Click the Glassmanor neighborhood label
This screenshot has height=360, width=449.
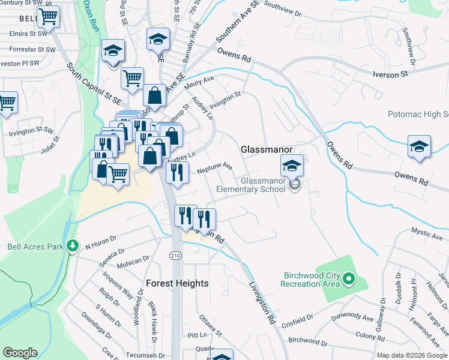pyautogui.click(x=266, y=149)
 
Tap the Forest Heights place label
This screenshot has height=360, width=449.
pyautogui.click(x=178, y=283)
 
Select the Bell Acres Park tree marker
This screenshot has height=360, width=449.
pyautogui.click(x=73, y=245)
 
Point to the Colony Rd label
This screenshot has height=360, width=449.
pyautogui.click(x=370, y=336)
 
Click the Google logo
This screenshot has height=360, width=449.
pyautogui.click(x=20, y=353)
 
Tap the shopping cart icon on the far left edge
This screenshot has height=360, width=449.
pyautogui.click(x=7, y=102)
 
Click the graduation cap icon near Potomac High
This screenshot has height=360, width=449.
pyautogui.click(x=418, y=146)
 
